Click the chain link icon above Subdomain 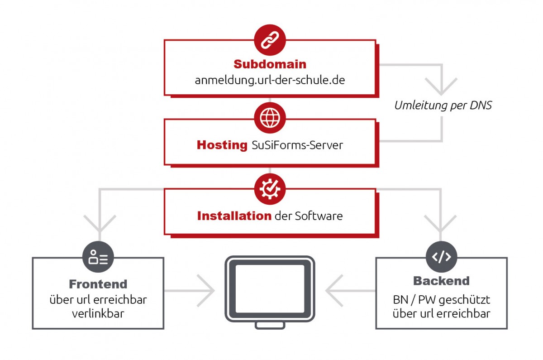(270, 39)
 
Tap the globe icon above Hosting (270, 118)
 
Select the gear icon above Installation (270, 189)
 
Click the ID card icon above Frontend (98, 257)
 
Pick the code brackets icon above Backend (442, 257)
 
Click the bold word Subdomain (270, 64)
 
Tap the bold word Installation (234, 216)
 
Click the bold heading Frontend (98, 284)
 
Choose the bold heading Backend (441, 281)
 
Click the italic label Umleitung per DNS (443, 106)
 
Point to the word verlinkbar (98, 314)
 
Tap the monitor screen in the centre (270, 289)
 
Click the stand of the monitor (270, 325)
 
